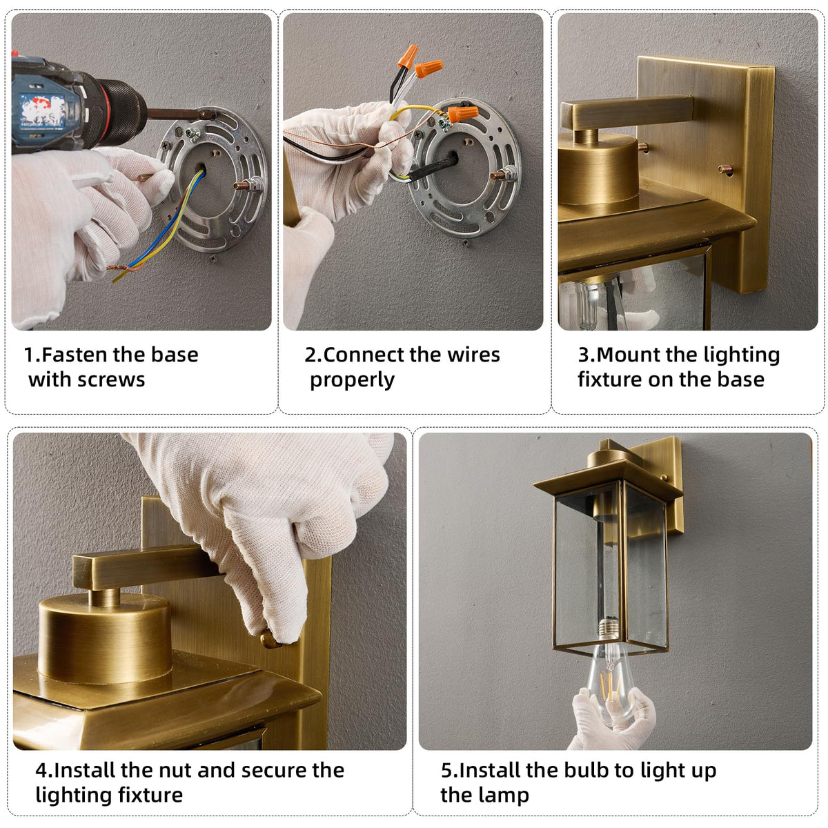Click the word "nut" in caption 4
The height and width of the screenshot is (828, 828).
pyautogui.click(x=174, y=771)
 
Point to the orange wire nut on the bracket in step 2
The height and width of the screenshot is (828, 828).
pyautogui.click(x=463, y=113)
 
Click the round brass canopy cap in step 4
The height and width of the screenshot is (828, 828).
pyautogui.click(x=106, y=636)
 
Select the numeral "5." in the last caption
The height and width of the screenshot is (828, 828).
pyautogui.click(x=449, y=771)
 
